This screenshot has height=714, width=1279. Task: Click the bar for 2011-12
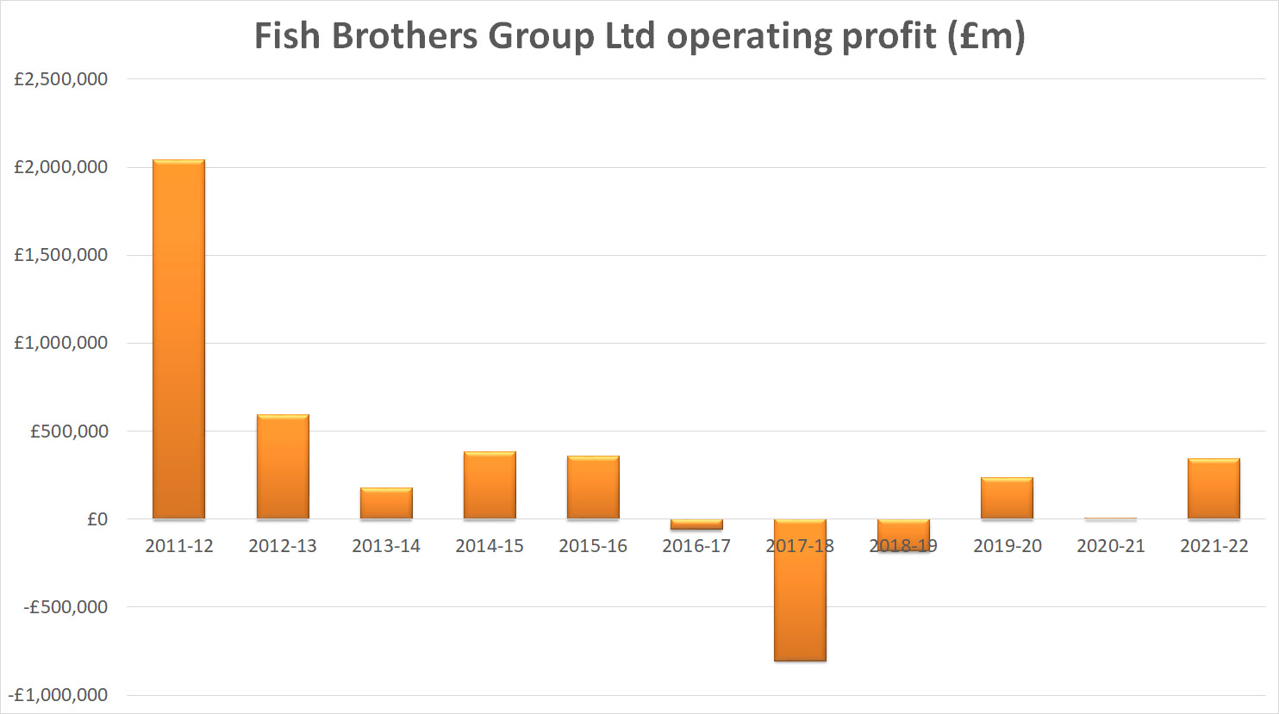tap(178, 339)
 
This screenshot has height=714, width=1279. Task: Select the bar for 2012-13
tap(283, 467)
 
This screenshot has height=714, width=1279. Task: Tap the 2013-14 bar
tap(386, 503)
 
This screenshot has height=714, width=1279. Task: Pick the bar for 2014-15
tap(490, 485)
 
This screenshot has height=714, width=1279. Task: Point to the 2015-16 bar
tap(593, 487)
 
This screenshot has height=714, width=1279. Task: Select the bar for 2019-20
tap(1007, 498)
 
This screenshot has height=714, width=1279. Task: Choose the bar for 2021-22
tap(1213, 488)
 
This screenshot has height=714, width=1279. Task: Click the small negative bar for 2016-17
tap(696, 525)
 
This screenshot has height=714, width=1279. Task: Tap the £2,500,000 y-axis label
tap(61, 79)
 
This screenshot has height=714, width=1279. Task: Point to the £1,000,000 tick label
tap(61, 343)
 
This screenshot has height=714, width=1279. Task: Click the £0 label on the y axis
tap(97, 519)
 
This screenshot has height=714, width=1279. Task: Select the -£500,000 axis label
tap(66, 607)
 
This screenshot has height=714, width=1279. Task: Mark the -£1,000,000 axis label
tap(59, 695)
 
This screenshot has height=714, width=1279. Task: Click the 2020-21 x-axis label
tap(1110, 546)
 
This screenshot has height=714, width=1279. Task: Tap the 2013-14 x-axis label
tap(386, 546)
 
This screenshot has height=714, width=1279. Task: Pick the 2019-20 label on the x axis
tap(1007, 546)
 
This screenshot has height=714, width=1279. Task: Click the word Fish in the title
tap(287, 36)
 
